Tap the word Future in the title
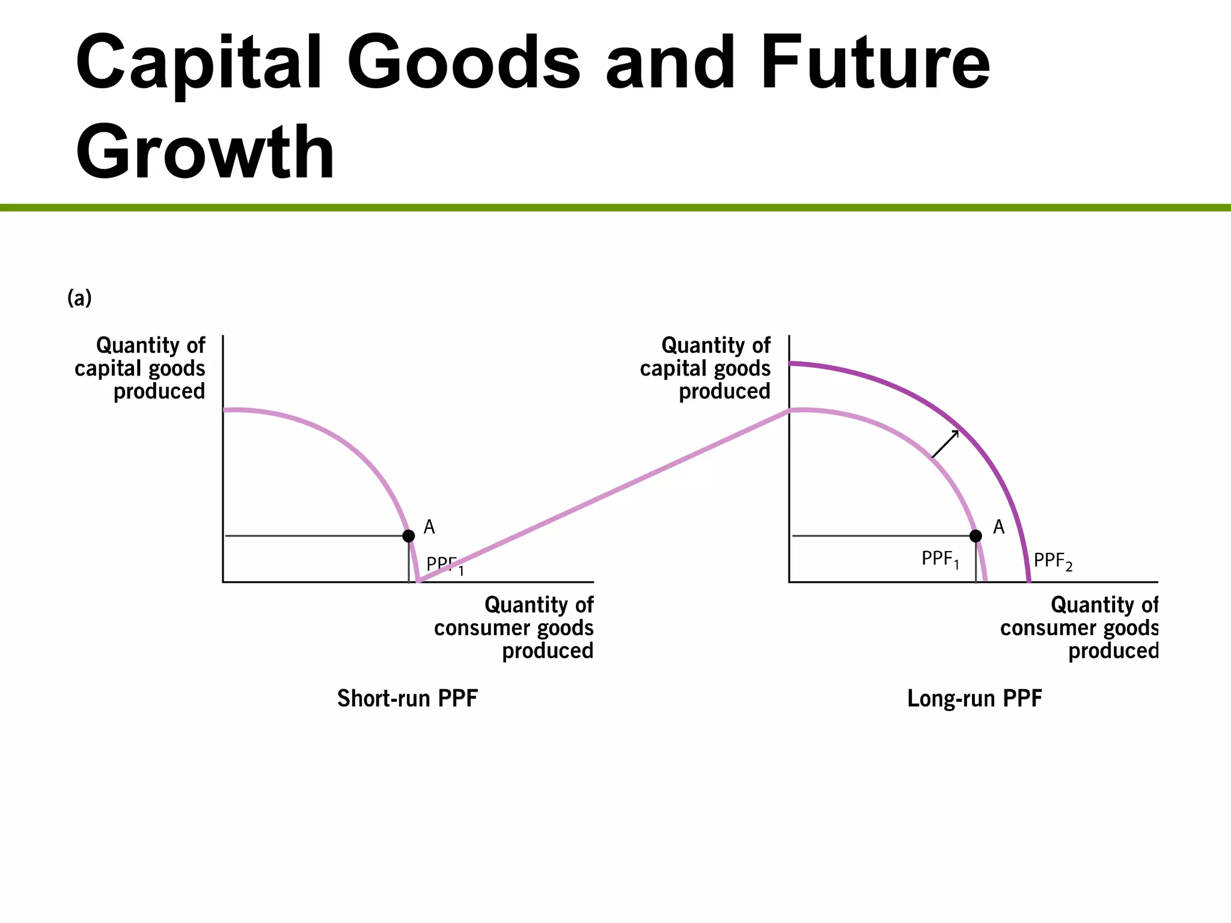coord(875,63)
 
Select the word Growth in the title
coord(205,151)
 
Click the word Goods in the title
coord(463,63)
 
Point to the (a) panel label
coord(79,297)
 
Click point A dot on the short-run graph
coord(409,535)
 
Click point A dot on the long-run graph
coord(976,535)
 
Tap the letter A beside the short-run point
coord(429,527)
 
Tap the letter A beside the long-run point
coord(998,527)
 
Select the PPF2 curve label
coord(1052,561)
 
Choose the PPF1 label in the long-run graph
coord(940,559)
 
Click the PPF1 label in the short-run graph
coord(445,565)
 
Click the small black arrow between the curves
coord(945,444)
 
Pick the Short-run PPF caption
coord(407,698)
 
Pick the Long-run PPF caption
coord(974,698)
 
